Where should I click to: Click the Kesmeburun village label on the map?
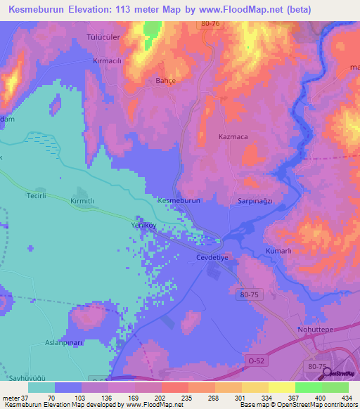[179, 200]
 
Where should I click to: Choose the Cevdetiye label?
[212, 258]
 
